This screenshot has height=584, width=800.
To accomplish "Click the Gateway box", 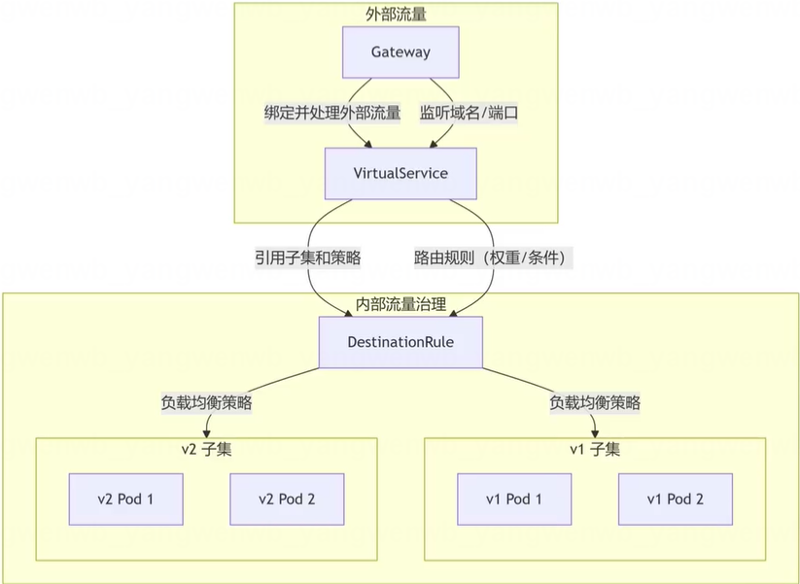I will pos(400,52).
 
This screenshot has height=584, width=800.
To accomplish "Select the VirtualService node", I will pos(400,174).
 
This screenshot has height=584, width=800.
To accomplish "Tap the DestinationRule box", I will pos(400,342).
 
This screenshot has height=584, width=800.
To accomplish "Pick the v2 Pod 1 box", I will pos(126,499).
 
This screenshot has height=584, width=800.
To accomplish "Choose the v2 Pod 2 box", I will pos(287,499).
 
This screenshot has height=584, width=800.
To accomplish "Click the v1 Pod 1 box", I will pos(514,499).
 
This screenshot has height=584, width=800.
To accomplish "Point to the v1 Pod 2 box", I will pos(675,499).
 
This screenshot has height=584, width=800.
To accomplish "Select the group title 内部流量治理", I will pos(400,304).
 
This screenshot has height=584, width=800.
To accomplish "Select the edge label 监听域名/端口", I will pos(469,113).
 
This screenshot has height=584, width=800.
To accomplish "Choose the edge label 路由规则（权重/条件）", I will pos(495,258).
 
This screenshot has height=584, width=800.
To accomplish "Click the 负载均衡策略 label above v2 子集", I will pos(206,401).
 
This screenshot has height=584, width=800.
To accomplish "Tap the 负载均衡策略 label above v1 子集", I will pos(595,401).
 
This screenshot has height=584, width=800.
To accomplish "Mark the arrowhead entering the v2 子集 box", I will pos(206,432).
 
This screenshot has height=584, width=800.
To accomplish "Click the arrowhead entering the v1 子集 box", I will pos(595,432).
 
